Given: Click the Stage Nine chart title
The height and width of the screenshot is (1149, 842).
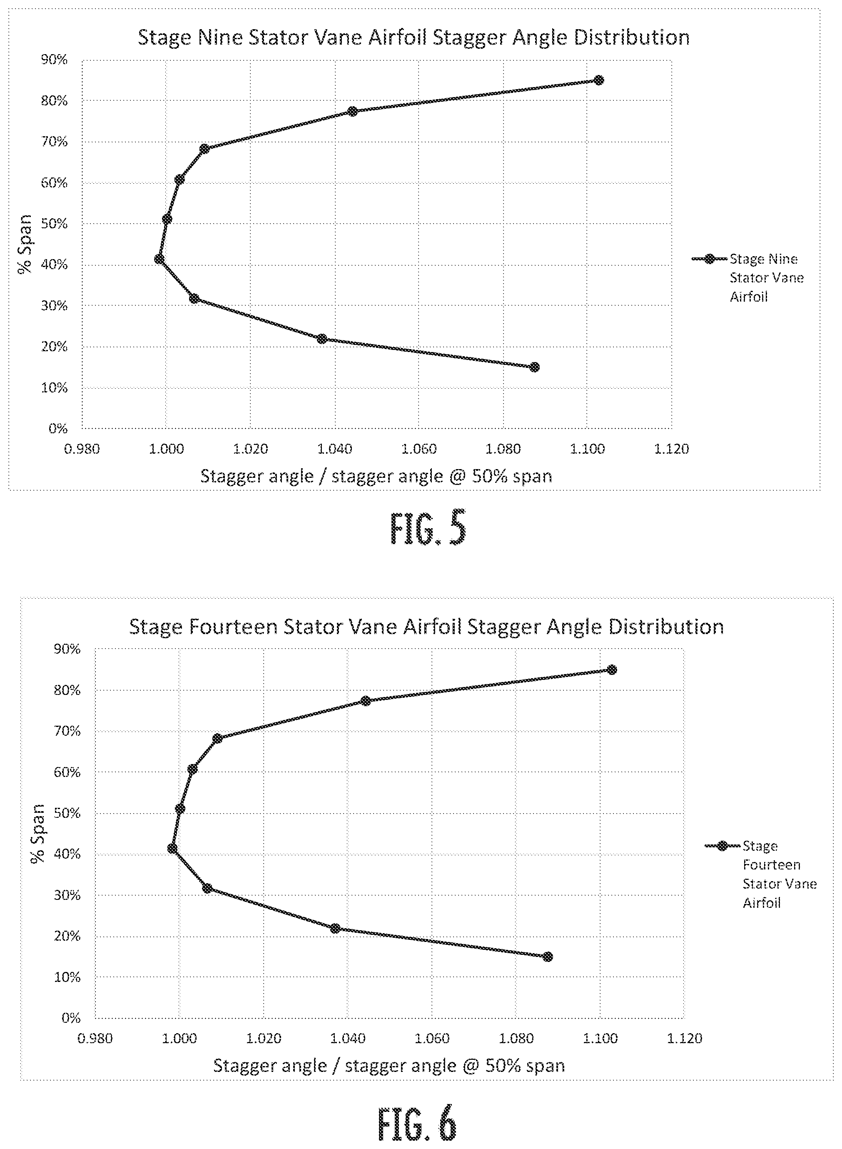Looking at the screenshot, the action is click(414, 38).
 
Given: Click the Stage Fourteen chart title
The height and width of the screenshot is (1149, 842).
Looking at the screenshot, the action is click(426, 627).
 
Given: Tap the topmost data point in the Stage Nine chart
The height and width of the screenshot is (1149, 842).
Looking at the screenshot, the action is click(599, 80).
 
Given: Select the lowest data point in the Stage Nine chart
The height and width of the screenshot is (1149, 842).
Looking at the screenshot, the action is click(534, 367).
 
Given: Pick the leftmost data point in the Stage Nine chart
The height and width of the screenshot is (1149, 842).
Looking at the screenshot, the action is click(159, 259).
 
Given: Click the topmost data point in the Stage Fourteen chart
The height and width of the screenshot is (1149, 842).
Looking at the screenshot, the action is click(612, 669).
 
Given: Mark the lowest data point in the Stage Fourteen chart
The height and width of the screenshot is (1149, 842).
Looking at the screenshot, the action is click(548, 956).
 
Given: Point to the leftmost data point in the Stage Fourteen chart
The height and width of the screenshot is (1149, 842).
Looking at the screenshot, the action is click(172, 848).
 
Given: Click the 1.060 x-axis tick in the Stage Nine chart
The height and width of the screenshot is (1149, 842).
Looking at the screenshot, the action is click(419, 449).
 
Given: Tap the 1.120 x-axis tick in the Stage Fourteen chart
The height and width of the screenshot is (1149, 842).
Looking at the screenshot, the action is click(685, 1038).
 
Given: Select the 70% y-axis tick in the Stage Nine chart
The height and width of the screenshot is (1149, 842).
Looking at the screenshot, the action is click(54, 142).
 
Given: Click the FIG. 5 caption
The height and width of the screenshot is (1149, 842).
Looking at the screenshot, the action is click(428, 529).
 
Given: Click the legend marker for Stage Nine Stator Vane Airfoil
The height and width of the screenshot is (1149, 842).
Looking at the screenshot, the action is click(709, 259).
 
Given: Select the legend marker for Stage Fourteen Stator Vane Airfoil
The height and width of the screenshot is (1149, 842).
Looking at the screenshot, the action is click(722, 846).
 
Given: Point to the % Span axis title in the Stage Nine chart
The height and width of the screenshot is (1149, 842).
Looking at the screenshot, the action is click(24, 244).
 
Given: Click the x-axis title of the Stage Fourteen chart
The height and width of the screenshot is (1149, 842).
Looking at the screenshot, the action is click(389, 1066).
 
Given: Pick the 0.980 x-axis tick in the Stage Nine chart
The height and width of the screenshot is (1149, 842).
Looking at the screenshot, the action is click(82, 449).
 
